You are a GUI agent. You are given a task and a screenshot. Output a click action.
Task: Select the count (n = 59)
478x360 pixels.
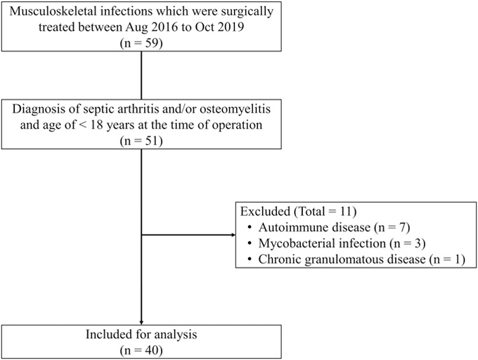141,43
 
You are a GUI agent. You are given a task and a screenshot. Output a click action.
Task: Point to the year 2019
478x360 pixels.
230,27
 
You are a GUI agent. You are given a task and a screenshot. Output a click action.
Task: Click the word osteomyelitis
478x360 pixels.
235,109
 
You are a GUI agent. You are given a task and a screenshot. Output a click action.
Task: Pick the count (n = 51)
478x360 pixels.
141,141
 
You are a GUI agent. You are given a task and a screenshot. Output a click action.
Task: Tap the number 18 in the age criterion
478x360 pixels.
97,125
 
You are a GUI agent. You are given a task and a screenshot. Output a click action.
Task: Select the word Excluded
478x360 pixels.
265,211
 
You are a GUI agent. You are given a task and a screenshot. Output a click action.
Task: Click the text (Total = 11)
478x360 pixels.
325,211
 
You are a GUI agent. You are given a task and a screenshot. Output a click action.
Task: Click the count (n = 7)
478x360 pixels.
391,227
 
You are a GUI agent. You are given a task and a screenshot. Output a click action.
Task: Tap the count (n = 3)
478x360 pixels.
407,243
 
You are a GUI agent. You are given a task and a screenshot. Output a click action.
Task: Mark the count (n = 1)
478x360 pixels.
447,259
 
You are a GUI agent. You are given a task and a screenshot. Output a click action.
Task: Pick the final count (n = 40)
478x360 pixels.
141,351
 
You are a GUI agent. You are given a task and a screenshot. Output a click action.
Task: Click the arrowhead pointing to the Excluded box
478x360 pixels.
234,235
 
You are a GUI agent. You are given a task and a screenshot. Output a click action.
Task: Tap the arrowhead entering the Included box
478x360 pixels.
141,323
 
